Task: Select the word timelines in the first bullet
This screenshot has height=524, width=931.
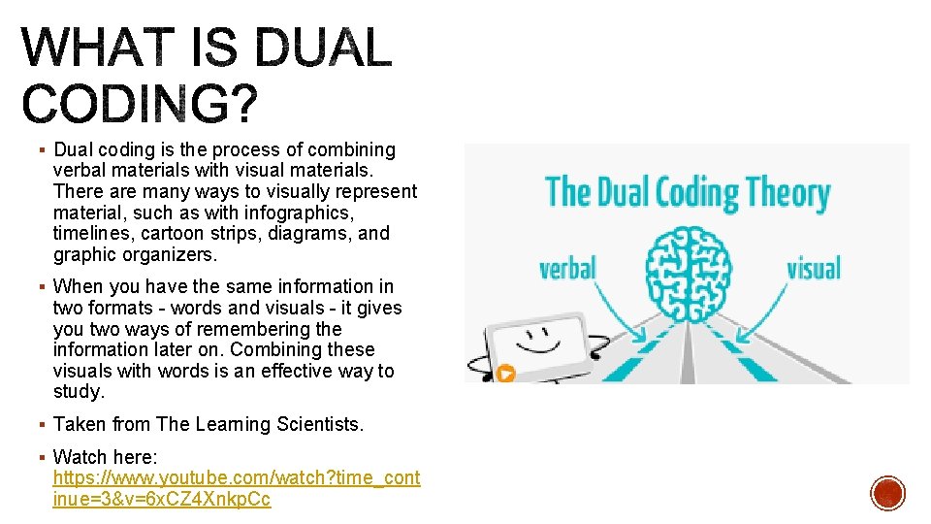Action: pyautogui.click(x=92, y=234)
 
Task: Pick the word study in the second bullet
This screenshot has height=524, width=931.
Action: pyautogui.click(x=79, y=392)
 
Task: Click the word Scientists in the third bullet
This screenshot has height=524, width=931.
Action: pyautogui.click(x=315, y=425)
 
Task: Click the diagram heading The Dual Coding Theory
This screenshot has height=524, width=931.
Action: pyautogui.click(x=687, y=193)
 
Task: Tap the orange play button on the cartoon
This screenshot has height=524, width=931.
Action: pyautogui.click(x=505, y=372)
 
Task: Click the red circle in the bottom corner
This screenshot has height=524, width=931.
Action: pyautogui.click(x=887, y=493)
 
